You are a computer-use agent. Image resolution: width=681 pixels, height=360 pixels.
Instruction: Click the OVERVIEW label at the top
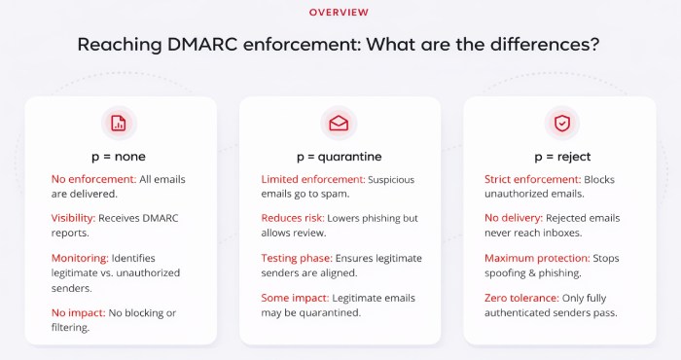click(x=339, y=13)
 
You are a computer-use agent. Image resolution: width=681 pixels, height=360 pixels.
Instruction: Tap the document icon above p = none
click(x=119, y=123)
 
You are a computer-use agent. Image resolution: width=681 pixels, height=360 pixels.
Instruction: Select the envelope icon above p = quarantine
click(x=339, y=123)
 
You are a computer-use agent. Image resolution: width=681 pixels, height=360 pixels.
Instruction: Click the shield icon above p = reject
click(x=561, y=123)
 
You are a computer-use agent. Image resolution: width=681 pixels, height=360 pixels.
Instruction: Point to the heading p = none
click(x=119, y=156)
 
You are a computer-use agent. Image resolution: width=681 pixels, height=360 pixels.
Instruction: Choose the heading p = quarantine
click(x=339, y=156)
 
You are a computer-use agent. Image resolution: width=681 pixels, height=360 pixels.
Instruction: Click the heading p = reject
click(x=561, y=156)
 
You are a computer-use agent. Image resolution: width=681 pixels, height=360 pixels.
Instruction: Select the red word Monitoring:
click(x=80, y=259)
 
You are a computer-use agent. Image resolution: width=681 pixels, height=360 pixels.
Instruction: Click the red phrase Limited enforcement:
click(x=311, y=180)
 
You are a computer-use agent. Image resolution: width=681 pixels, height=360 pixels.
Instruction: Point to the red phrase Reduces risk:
click(x=293, y=219)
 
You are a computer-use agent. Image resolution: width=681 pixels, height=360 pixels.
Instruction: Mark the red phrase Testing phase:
click(x=296, y=259)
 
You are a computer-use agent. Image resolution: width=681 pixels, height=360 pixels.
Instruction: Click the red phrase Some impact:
click(x=294, y=299)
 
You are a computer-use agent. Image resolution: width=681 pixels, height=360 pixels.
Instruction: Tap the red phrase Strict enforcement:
click(x=532, y=180)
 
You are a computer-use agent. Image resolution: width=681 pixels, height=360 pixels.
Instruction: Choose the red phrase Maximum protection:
click(x=538, y=259)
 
